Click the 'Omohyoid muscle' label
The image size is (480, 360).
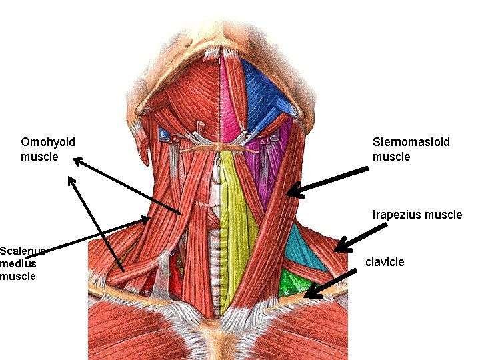coord(48,149)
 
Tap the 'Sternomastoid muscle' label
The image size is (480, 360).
coord(411,149)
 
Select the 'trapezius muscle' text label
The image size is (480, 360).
coord(417,215)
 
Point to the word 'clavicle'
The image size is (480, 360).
coord(385,262)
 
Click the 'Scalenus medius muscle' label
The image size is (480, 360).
coord(22,263)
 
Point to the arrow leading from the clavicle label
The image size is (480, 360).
coord(327,283)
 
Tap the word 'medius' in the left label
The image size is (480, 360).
coord(16,263)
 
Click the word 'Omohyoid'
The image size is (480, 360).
coord(48,142)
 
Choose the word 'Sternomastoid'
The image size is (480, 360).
coord(411,142)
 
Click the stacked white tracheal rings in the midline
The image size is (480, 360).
coord(215,253)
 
